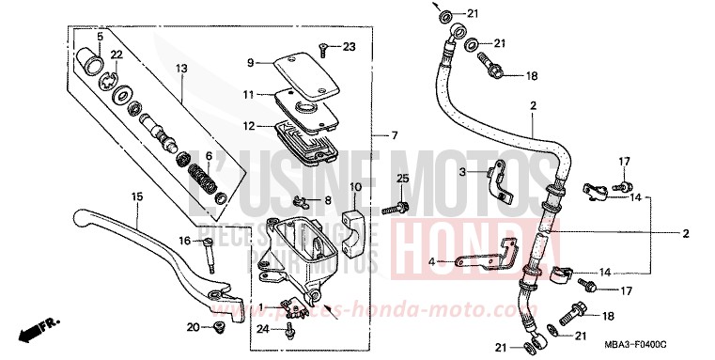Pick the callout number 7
click(395, 135)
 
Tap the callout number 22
click(117, 55)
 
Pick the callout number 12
click(250, 126)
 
